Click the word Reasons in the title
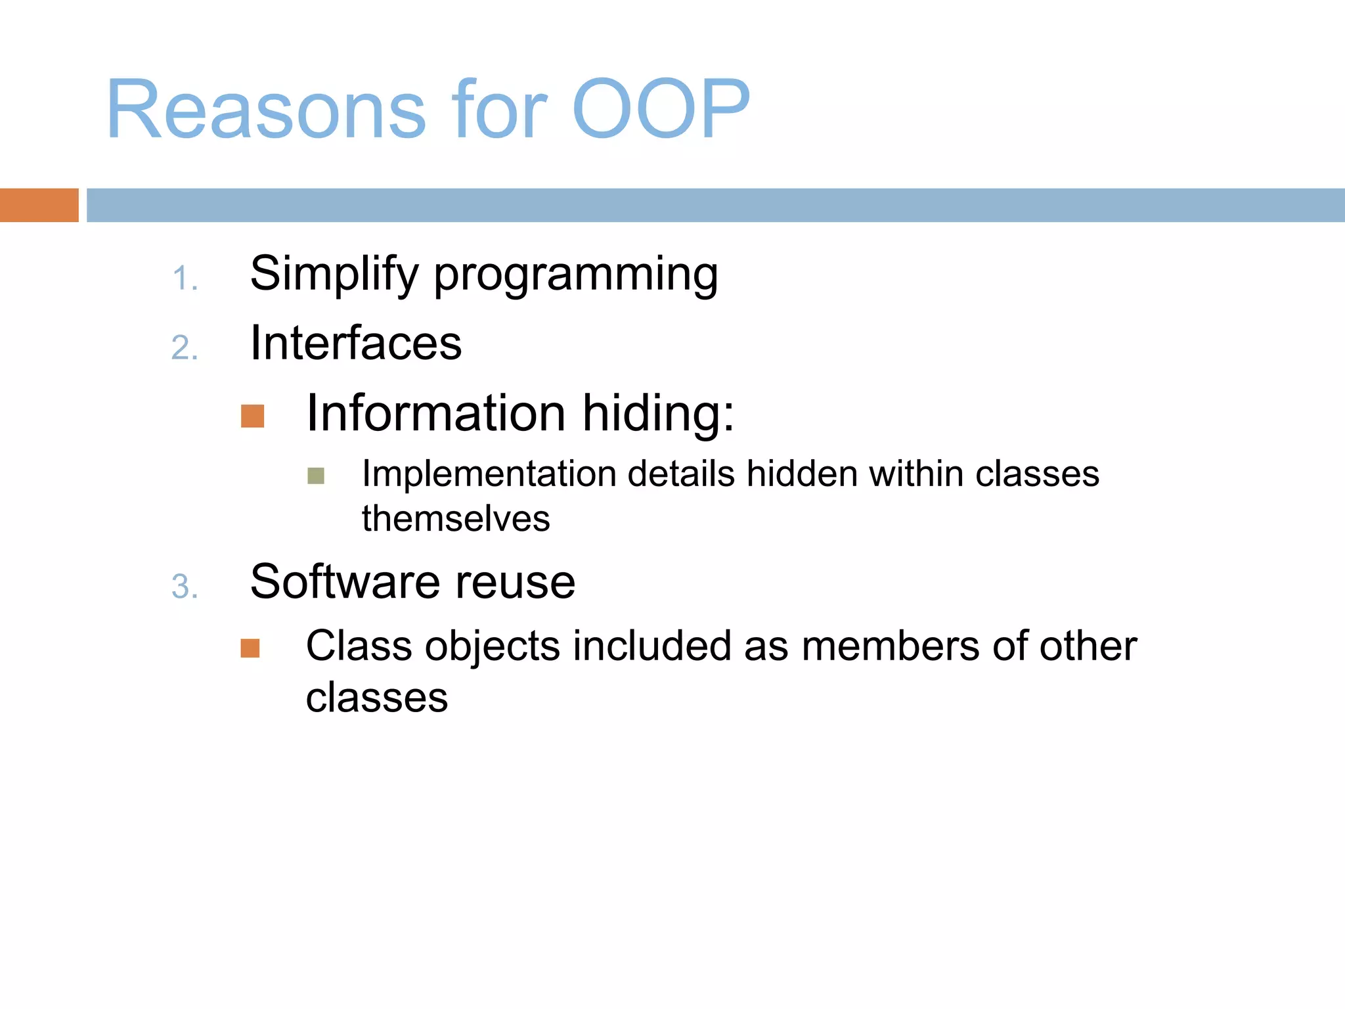(x=266, y=110)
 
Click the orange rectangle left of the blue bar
(x=39, y=205)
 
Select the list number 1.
(x=184, y=279)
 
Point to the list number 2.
(x=184, y=348)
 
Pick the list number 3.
(x=184, y=587)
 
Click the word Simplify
(x=334, y=275)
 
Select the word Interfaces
(x=356, y=343)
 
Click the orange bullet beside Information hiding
(x=252, y=416)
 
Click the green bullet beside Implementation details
(x=316, y=476)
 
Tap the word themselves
(x=456, y=519)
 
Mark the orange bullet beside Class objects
(x=250, y=648)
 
